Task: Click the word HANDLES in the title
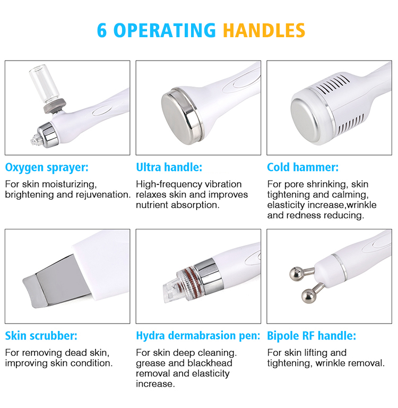click(264, 30)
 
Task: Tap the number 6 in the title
click(101, 30)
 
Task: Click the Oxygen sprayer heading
click(47, 167)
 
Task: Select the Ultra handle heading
click(169, 167)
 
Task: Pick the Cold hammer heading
click(302, 167)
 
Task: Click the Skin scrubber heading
click(41, 336)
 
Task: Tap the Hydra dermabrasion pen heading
click(198, 336)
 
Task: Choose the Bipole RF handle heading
click(312, 336)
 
